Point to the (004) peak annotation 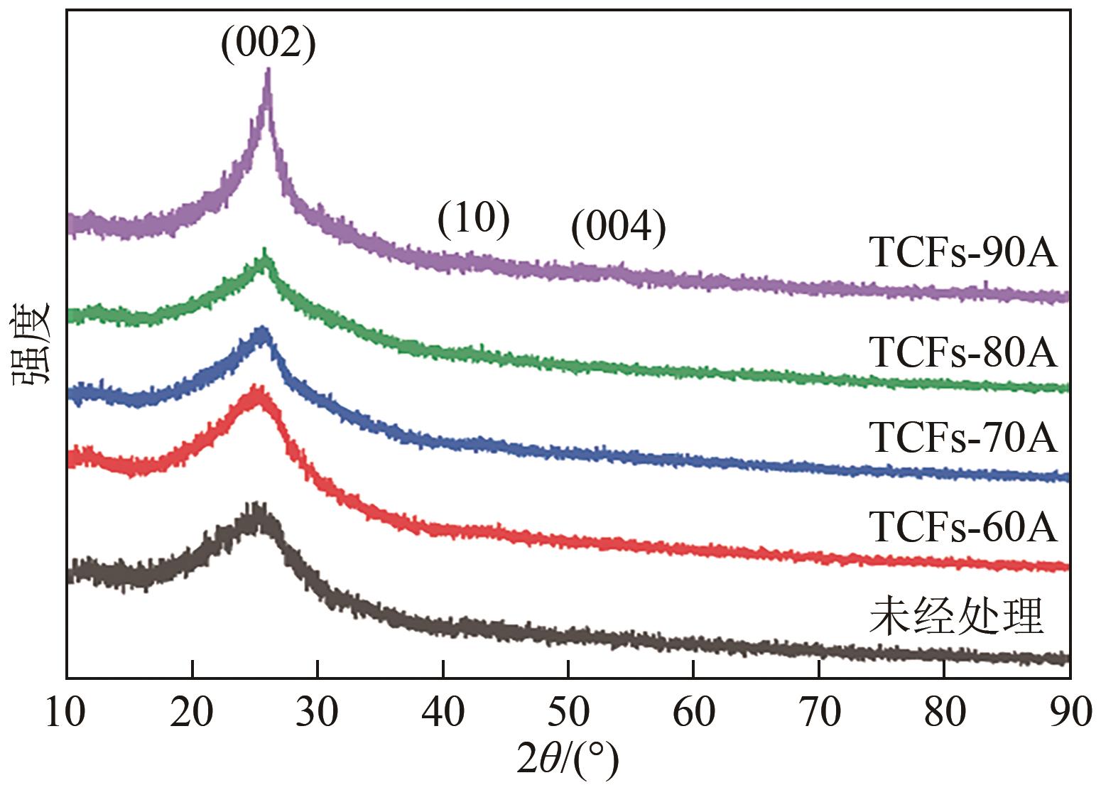click(x=619, y=228)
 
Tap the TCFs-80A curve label click(x=963, y=352)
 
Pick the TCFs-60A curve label click(x=963, y=527)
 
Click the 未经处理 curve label click(x=955, y=615)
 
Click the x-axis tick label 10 click(x=67, y=713)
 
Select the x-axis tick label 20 click(x=192, y=713)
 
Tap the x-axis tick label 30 click(x=318, y=713)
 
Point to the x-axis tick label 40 click(x=443, y=713)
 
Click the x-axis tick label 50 click(x=568, y=713)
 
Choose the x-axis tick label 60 click(x=694, y=713)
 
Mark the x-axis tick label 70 click(x=819, y=713)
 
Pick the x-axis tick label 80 click(x=945, y=713)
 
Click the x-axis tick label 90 click(x=1068, y=713)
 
